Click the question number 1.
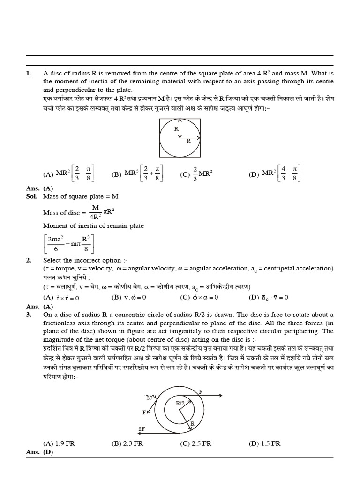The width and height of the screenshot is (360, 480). pos(29,73)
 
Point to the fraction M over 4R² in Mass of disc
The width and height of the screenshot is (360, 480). pos(95,212)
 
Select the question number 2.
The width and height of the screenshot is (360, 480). pos(29,260)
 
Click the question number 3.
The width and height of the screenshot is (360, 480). pos(29,314)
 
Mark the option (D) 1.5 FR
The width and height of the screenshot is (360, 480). pos(264,443)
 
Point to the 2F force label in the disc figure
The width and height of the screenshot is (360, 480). pos(141,429)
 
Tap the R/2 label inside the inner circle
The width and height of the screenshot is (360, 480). pos(181,402)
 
